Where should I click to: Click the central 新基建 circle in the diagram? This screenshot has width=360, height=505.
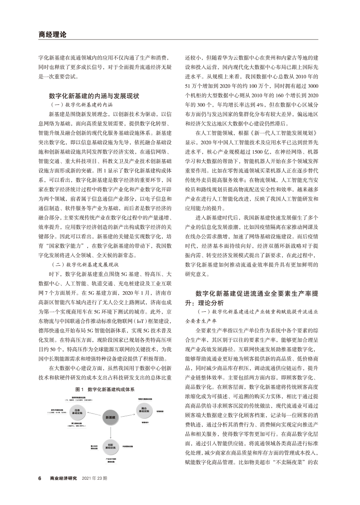coord(110,417)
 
